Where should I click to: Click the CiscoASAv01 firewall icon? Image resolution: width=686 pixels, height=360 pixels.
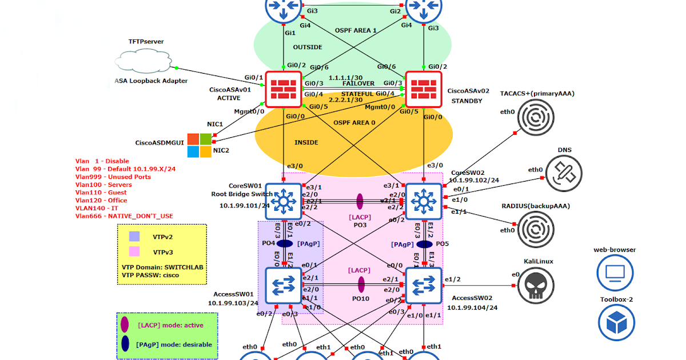tap(283, 89)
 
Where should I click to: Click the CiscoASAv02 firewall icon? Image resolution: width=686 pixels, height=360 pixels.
tap(424, 89)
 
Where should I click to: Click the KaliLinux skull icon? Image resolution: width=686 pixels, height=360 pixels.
tap(536, 285)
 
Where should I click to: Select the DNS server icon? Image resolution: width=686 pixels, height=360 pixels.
tap(564, 172)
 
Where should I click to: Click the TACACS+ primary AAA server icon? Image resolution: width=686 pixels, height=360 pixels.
tap(536, 118)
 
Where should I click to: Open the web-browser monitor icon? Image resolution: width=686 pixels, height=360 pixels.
tap(615, 273)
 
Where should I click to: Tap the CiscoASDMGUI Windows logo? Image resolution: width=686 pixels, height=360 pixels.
tap(200, 145)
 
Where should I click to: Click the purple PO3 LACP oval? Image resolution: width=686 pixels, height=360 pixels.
tap(360, 201)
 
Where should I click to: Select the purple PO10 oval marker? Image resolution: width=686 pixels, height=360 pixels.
tap(361, 285)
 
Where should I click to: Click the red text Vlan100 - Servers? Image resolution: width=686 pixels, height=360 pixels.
tap(103, 185)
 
